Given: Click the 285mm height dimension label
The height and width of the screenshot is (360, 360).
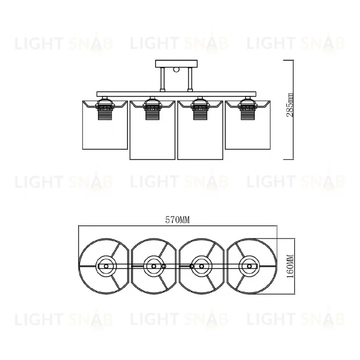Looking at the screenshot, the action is pos(290,105).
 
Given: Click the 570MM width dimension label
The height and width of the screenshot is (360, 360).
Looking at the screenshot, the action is pos(178,220).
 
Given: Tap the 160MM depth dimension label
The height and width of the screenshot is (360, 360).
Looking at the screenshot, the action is pos(290,266).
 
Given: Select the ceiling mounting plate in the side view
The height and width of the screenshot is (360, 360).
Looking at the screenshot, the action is pos(176,64).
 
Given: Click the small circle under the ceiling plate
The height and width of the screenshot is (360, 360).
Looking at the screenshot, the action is pos(176,69).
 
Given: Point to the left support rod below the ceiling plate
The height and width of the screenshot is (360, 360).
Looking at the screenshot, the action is pos(162,80).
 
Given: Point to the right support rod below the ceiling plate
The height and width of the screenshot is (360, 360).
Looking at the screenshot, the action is pos(190,80).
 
